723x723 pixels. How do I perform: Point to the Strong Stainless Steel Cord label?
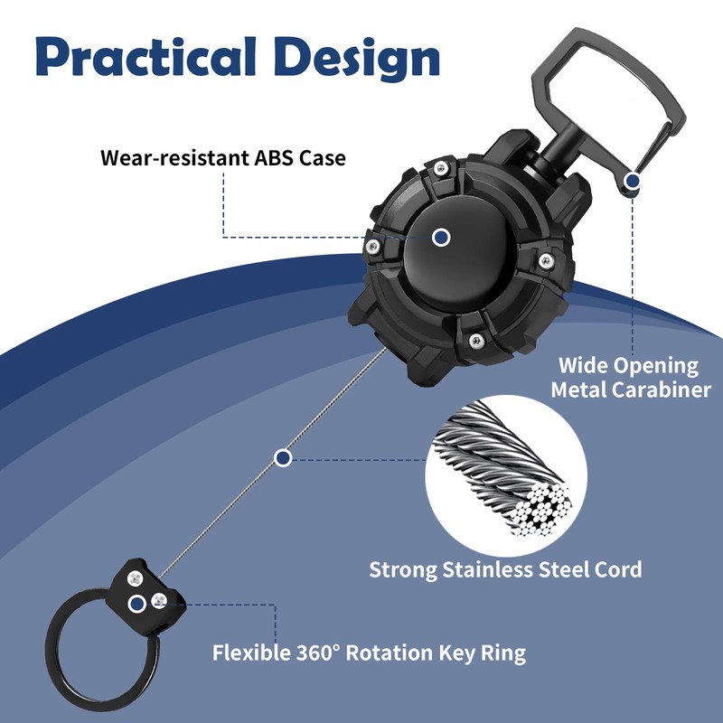click(x=505, y=569)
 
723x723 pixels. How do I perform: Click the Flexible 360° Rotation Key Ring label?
click(x=369, y=652)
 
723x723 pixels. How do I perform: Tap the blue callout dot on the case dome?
click(x=441, y=237)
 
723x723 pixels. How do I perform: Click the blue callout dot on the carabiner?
click(x=633, y=182)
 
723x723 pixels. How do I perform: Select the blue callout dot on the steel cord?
click(x=283, y=458)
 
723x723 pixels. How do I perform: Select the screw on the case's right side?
click(x=544, y=261)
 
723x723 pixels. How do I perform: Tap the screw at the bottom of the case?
click(x=474, y=339)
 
